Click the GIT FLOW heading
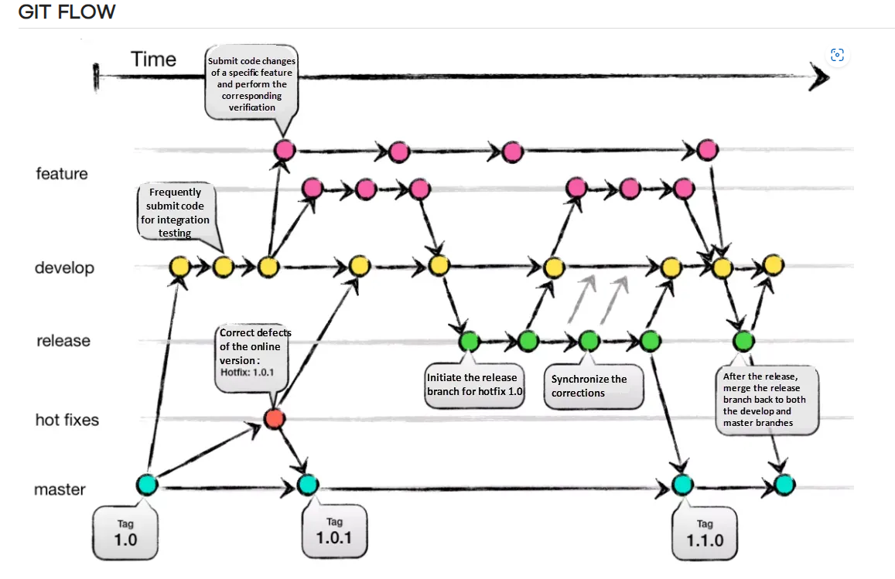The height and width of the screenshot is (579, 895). point(67,12)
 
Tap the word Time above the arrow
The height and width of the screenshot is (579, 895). point(153,60)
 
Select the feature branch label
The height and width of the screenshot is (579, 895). point(62,174)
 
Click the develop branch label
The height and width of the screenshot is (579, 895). point(64,268)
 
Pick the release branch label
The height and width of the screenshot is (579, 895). point(63,341)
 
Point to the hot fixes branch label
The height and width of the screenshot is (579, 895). point(67,421)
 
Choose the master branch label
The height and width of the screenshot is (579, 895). point(60,490)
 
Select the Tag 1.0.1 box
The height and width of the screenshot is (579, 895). point(333,532)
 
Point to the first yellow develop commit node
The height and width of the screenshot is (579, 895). point(179,267)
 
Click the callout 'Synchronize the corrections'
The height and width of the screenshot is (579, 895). point(593,387)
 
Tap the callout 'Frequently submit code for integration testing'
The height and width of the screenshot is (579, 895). point(175,210)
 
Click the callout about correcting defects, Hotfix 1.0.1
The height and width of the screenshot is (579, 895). point(254,352)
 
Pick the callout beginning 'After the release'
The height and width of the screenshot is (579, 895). point(767,400)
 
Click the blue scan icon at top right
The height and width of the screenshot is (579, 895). point(836,55)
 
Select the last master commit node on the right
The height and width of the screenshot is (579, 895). point(783,485)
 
